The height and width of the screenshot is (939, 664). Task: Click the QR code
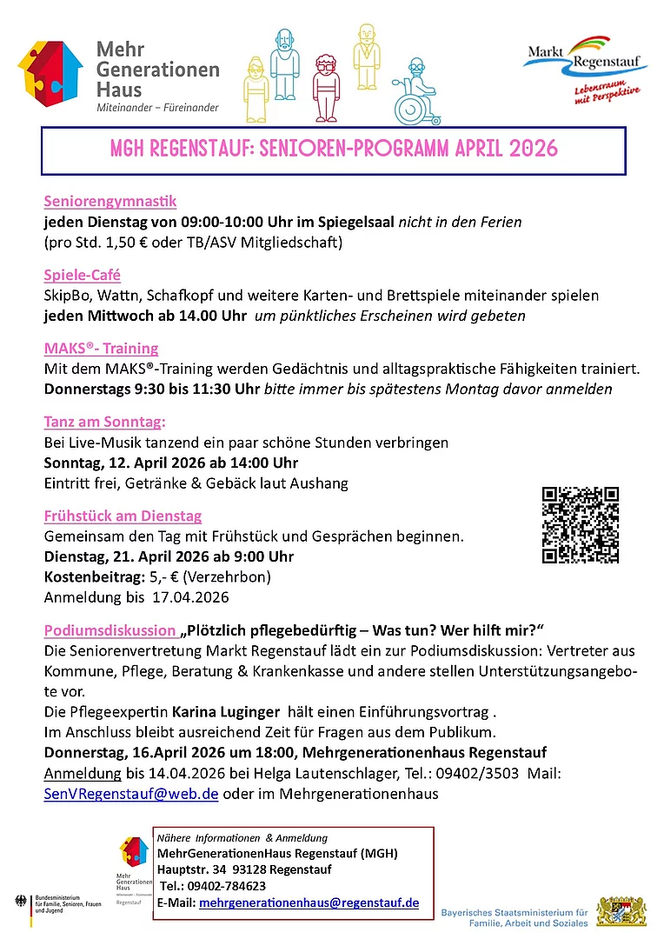[581, 525]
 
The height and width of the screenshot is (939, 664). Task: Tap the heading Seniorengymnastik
[110, 202]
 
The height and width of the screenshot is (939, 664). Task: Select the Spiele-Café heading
[82, 276]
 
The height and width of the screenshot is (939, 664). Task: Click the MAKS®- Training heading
[101, 350]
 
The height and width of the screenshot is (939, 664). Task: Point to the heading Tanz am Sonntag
[103, 423]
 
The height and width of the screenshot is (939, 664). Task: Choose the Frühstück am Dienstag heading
[123, 516]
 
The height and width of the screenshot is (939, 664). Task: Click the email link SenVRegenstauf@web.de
[131, 794]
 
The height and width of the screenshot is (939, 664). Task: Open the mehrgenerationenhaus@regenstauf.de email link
[309, 903]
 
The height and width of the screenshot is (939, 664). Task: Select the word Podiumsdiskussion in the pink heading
[109, 629]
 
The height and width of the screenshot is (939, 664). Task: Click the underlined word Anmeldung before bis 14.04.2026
[83, 774]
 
